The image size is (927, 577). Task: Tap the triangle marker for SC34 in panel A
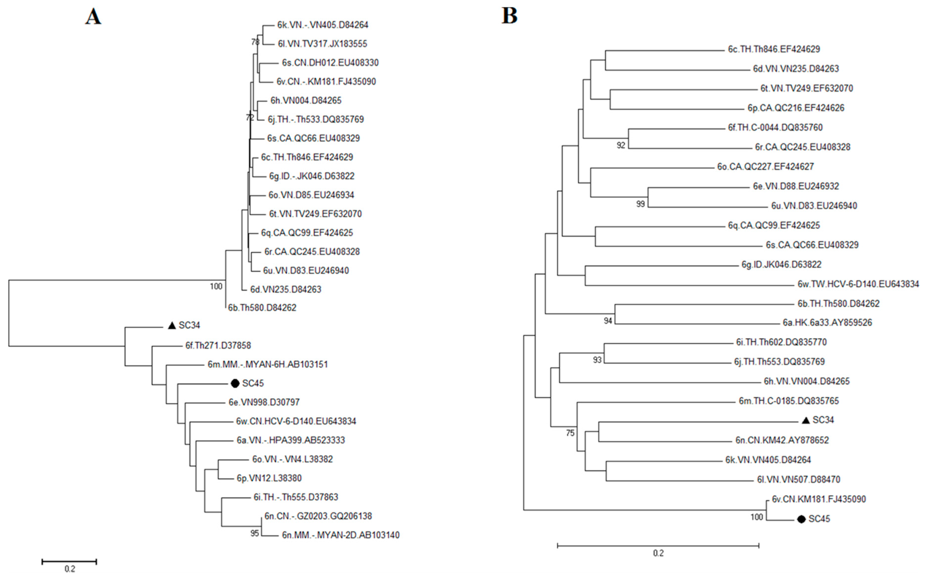click(172, 326)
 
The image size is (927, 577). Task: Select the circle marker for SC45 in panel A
click(235, 383)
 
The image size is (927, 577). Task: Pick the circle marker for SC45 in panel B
click(801, 519)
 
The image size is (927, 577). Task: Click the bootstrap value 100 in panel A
click(216, 286)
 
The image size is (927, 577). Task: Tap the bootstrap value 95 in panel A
click(254, 533)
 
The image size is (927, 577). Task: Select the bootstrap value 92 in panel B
click(621, 145)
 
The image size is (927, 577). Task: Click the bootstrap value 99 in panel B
click(641, 204)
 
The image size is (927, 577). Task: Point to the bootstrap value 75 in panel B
click(570, 433)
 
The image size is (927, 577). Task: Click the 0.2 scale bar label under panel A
click(70, 569)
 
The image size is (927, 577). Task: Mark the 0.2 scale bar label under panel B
click(658, 553)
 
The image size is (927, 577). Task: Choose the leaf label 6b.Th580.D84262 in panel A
click(262, 308)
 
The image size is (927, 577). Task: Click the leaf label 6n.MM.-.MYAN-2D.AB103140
click(341, 535)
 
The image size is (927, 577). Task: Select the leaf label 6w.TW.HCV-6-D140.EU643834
click(858, 284)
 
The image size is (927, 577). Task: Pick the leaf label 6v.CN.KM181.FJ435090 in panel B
click(819, 499)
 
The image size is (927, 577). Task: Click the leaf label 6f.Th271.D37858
click(218, 345)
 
